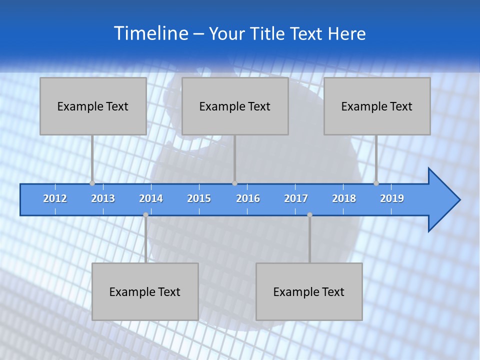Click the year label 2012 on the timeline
click(55, 198)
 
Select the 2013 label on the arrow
click(103, 198)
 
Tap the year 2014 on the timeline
click(151, 198)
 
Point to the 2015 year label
click(199, 198)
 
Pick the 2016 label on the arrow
click(248, 198)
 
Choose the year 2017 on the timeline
click(296, 198)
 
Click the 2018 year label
click(344, 198)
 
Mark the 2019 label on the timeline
click(392, 198)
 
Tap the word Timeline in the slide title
click(150, 33)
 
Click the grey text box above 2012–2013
click(93, 106)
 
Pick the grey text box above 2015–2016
click(235, 106)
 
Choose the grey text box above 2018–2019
click(377, 106)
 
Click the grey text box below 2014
click(145, 291)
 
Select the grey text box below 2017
click(309, 291)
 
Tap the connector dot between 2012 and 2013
click(92, 183)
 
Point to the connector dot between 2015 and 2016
click(234, 183)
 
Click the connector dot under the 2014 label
click(145, 215)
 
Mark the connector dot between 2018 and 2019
click(376, 183)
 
